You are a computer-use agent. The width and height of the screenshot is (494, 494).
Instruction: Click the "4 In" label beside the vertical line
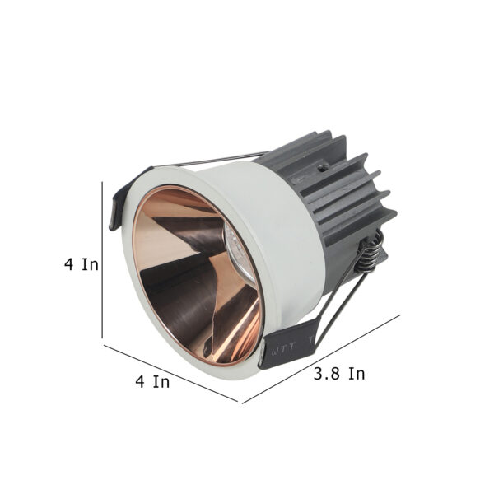[82, 264]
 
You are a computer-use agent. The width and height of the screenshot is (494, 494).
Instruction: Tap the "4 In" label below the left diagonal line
[152, 381]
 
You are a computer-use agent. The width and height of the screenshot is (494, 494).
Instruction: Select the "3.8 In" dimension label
[339, 374]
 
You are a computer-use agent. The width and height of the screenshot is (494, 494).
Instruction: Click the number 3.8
[327, 374]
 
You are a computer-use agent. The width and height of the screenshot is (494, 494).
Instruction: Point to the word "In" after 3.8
[357, 374]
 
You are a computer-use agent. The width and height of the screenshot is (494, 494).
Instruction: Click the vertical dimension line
[102, 259]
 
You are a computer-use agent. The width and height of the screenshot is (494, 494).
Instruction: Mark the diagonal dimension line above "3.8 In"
[321, 359]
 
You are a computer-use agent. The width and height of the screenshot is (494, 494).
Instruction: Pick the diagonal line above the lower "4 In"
[170, 373]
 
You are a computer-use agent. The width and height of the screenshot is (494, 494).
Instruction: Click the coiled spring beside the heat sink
[369, 251]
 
